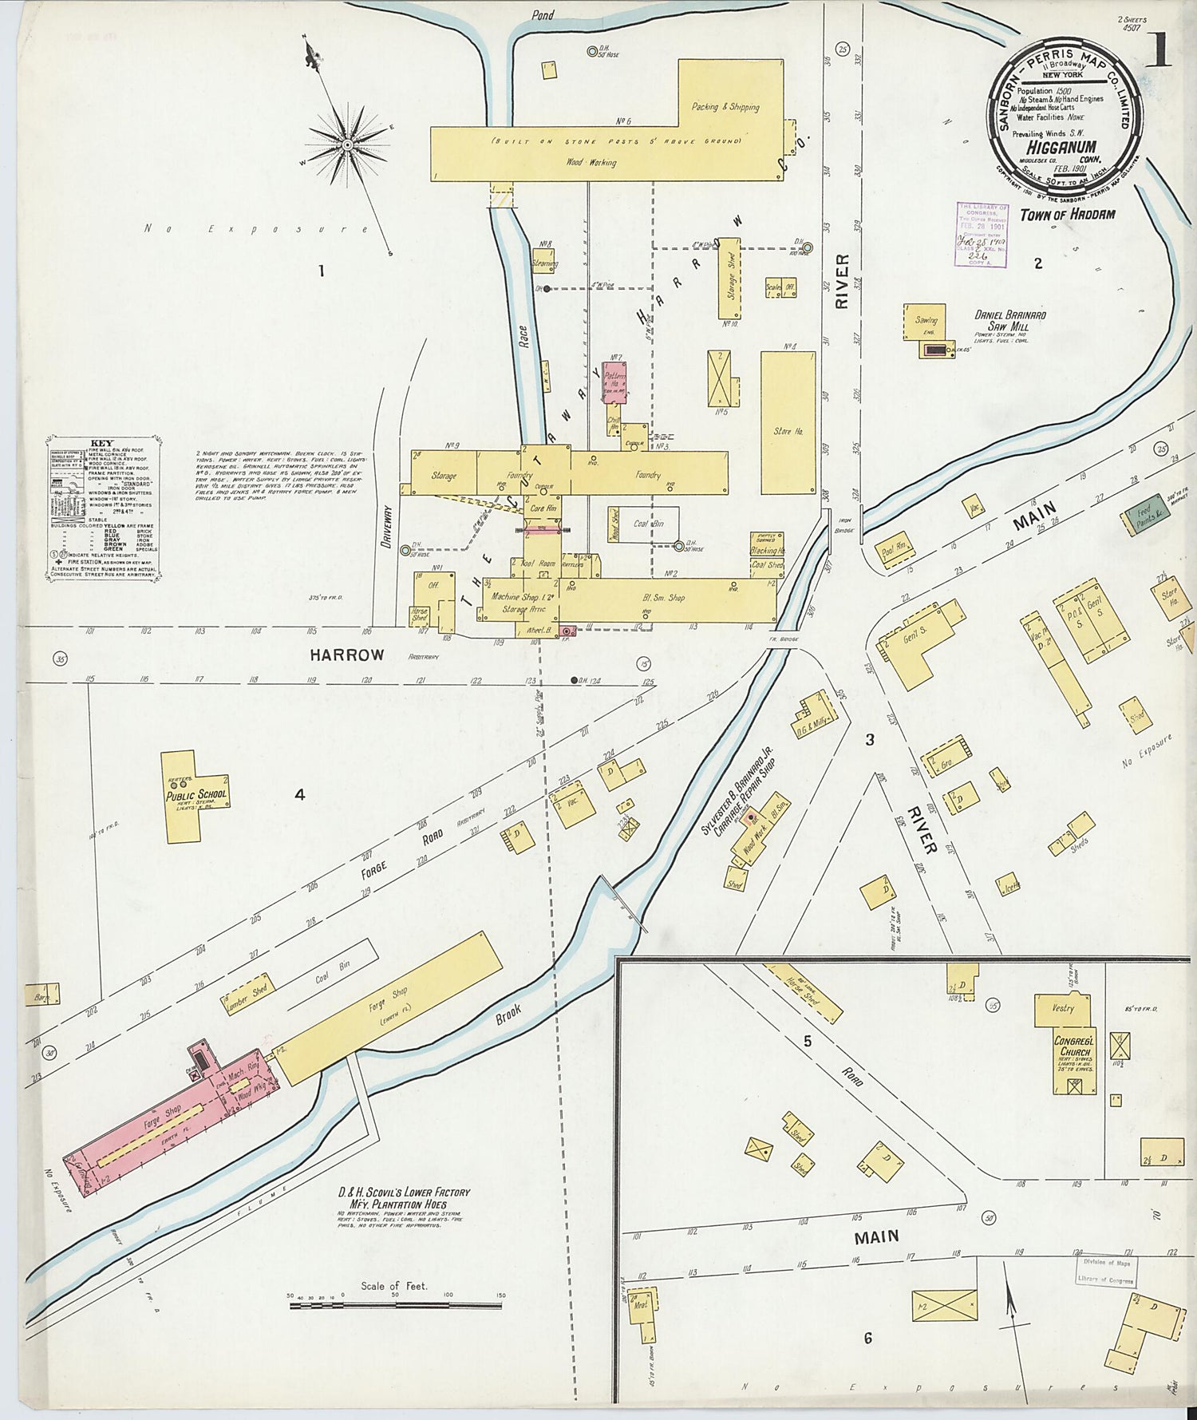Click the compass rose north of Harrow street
point(347,144)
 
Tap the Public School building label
point(196,794)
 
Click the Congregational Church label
point(1073,1046)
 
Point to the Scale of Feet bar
point(395,1306)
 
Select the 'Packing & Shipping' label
point(725,106)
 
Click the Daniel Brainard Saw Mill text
point(1009,321)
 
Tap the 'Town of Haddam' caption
point(1067,215)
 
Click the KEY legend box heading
point(102,444)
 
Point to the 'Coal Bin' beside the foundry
point(647,524)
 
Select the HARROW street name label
point(346,655)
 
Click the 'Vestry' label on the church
point(1063,1008)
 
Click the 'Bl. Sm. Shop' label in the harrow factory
point(664,597)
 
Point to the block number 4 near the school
point(299,794)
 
